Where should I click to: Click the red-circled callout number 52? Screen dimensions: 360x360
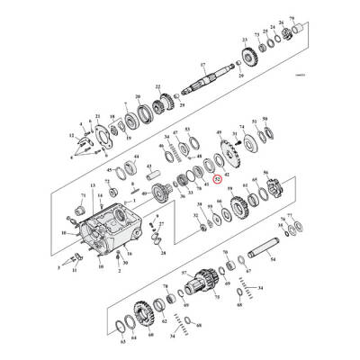217,178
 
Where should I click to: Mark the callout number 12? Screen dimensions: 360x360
71,135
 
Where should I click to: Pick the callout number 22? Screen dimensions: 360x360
158,87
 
